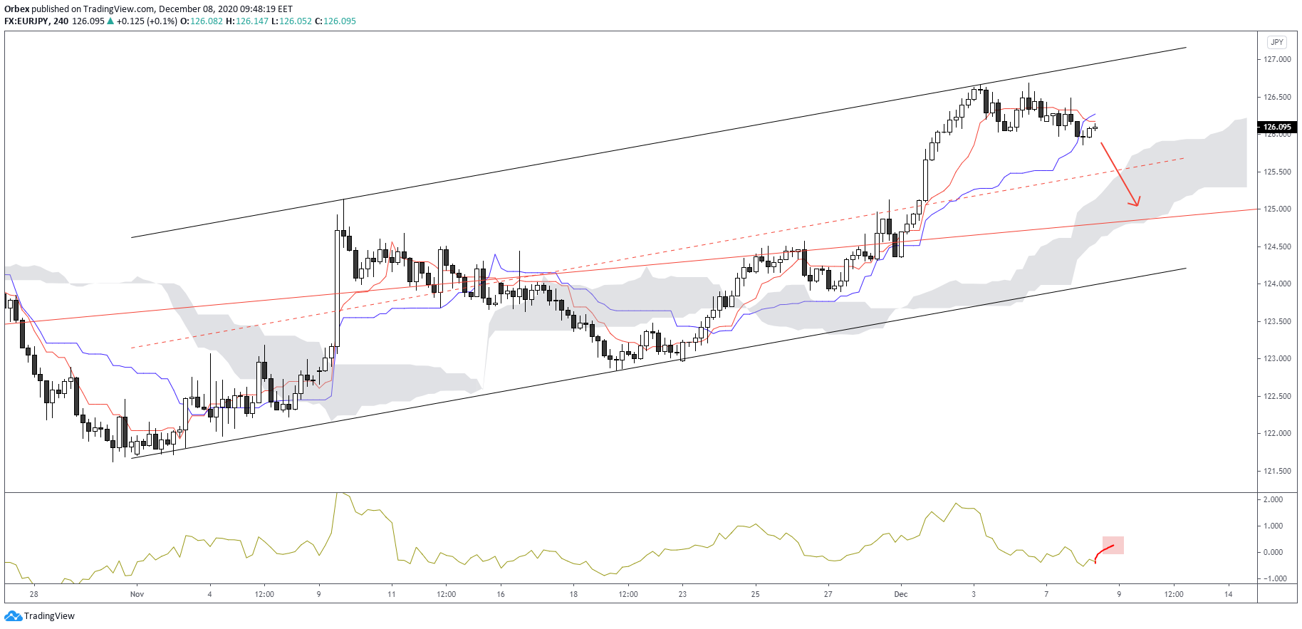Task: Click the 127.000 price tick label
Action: [x=1277, y=59]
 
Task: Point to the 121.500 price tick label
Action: [x=1277, y=471]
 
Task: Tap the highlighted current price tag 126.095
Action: [x=1277, y=128]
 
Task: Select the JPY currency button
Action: [x=1277, y=42]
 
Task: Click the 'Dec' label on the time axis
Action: [x=901, y=594]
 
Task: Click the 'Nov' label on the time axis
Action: [x=137, y=594]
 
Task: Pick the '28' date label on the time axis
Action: [x=34, y=594]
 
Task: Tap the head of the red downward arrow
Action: [x=1137, y=204]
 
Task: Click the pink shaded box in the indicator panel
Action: [x=1113, y=545]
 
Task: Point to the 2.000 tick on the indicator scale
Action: [x=1273, y=499]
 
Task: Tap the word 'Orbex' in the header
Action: [x=16, y=9]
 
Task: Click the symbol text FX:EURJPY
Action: [x=26, y=21]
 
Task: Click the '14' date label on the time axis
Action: [x=1229, y=594]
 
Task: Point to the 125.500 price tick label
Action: [x=1277, y=172]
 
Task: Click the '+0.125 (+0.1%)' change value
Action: [x=147, y=21]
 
